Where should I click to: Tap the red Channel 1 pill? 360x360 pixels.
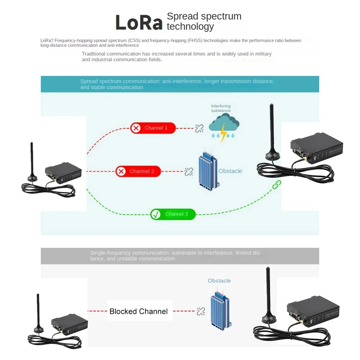pos(153,128)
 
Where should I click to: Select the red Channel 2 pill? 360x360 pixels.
pos(138,171)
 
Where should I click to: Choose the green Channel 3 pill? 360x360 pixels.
pos(173,214)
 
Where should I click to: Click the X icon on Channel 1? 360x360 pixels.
pos(136,128)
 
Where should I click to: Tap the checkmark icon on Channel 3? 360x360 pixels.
pos(156,214)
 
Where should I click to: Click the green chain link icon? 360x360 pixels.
pos(276,184)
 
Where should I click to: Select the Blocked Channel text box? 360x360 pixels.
pos(139,311)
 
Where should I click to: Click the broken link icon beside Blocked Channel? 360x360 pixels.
pos(201,311)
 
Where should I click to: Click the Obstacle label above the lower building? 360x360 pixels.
pos(219,281)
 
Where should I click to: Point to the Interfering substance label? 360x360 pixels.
pos(220,108)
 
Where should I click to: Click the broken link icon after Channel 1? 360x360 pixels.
pos(199,128)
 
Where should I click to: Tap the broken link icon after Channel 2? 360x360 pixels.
pos(189,171)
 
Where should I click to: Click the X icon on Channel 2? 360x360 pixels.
pos(121,171)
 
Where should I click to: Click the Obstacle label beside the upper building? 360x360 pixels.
pos(230,171)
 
